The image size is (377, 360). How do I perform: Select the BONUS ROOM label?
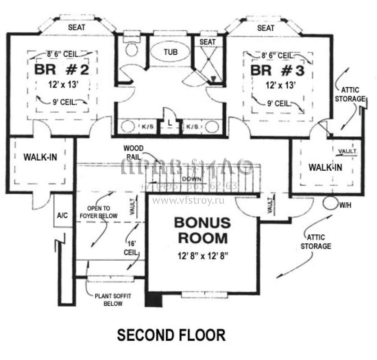point(202,230)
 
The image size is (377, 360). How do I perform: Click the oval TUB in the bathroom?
point(171,52)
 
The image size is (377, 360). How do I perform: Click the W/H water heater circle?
point(330,202)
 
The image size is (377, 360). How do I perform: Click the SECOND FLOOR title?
point(172,335)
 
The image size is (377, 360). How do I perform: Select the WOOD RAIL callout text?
point(133,152)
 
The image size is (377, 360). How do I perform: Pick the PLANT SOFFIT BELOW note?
point(113,300)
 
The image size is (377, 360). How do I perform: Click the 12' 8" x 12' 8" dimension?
point(202,256)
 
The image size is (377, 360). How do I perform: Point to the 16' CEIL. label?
point(131,248)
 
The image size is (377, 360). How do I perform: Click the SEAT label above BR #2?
point(77,27)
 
